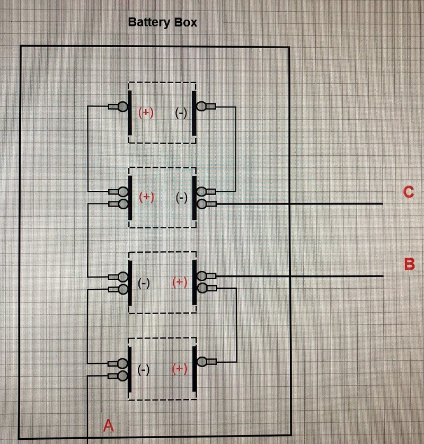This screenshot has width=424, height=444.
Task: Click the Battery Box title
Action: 163,23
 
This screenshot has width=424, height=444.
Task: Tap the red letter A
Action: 108,425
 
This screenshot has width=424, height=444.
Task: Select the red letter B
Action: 409,264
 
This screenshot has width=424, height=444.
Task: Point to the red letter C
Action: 408,192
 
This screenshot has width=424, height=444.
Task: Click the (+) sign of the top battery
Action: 146,112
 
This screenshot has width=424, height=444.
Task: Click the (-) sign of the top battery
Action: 181,112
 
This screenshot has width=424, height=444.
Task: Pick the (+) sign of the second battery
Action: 146,197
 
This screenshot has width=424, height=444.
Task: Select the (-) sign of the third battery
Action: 143,283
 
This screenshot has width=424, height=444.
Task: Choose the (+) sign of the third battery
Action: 180,282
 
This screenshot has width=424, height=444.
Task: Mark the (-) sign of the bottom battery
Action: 143,369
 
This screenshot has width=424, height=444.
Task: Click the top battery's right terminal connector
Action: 202,106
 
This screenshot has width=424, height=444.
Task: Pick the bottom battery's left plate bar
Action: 130,369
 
